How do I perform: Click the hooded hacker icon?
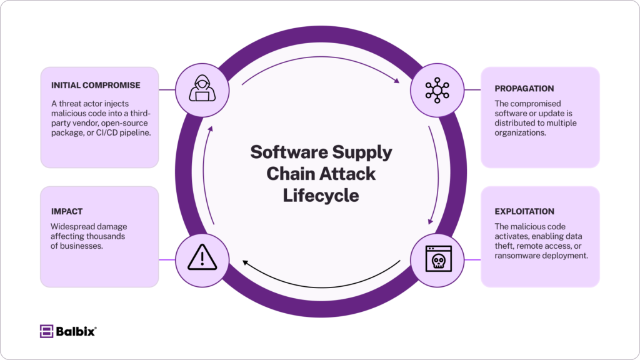201,89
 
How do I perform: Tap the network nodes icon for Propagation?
436,89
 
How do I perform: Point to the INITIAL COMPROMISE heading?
96,85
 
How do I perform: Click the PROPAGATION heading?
524,89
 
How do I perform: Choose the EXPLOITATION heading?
524,211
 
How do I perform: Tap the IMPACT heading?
67,211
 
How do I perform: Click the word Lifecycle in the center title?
321,195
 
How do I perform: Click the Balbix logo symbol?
46,331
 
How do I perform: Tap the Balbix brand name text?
75,331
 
